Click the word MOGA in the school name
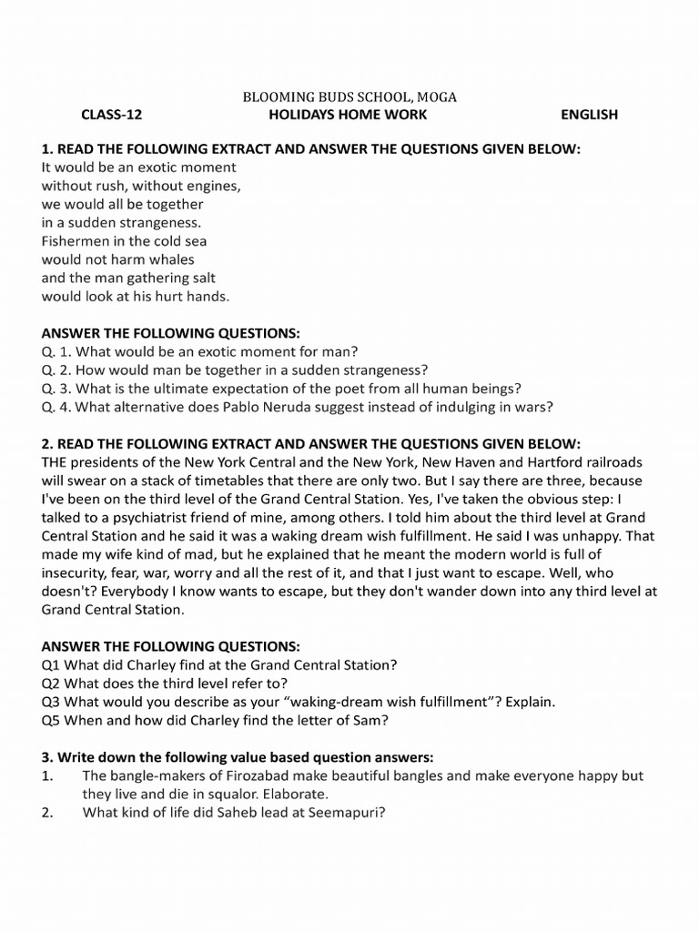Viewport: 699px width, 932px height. [x=437, y=96]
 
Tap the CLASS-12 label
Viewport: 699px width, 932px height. [x=112, y=115]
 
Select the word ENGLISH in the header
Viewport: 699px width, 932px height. [x=589, y=115]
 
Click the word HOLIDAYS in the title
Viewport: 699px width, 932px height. [x=303, y=115]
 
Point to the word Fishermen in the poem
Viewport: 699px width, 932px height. [x=76, y=241]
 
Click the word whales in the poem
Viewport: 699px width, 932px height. [x=172, y=259]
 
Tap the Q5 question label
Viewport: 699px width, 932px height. [x=52, y=720]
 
